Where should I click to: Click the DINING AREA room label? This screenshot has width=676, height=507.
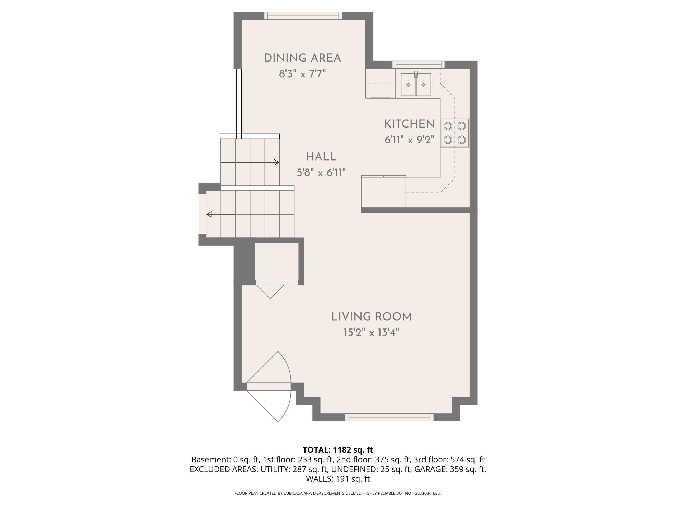[302, 58]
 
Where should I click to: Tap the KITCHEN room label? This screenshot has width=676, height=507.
[409, 124]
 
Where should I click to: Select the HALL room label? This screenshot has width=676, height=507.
[321, 157]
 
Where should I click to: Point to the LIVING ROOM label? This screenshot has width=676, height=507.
[371, 317]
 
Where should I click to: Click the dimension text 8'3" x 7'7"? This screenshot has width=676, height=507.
[302, 74]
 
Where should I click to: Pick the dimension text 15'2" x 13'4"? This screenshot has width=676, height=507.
[371, 332]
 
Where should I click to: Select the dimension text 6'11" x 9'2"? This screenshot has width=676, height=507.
[409, 140]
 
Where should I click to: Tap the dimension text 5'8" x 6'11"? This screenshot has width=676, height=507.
[321, 172]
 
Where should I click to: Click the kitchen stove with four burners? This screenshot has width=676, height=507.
[455, 133]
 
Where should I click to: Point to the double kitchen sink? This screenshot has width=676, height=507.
[416, 84]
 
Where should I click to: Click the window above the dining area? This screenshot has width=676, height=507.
[303, 16]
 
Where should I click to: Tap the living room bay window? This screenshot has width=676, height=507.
[389, 417]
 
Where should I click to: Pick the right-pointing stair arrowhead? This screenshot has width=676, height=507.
[276, 162]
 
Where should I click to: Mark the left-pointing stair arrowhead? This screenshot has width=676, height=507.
[209, 214]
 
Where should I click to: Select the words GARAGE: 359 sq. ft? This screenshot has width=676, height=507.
[450, 469]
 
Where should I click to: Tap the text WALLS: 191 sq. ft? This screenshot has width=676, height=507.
[338, 479]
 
